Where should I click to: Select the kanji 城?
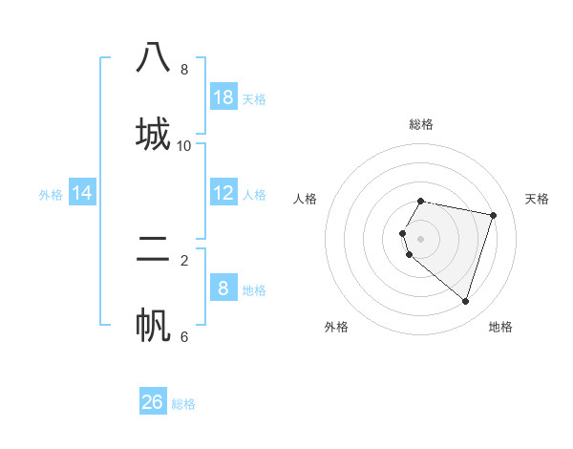click(x=153, y=133)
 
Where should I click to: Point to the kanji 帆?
click(x=153, y=325)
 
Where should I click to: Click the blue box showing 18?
click(x=223, y=96)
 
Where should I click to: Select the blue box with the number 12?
click(x=223, y=193)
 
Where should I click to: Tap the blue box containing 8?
click(x=223, y=289)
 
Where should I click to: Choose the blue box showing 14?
click(x=82, y=193)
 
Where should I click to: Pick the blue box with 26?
click(x=153, y=402)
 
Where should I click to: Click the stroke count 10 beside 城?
click(x=184, y=146)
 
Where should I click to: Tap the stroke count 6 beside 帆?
click(x=184, y=336)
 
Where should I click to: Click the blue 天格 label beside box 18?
click(x=254, y=98)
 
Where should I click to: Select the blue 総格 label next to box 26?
click(x=183, y=404)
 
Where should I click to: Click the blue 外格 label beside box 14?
click(x=51, y=195)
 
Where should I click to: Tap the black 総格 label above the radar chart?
click(x=421, y=124)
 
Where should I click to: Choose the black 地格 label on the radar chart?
click(x=500, y=327)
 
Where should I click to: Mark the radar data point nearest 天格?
click(x=493, y=215)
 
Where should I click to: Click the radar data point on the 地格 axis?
click(x=465, y=301)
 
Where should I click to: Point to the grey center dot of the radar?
click(x=421, y=238)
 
